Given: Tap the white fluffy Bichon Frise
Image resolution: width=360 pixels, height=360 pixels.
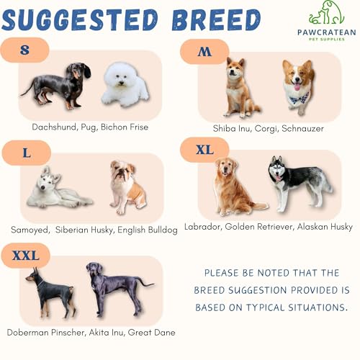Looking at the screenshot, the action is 125,84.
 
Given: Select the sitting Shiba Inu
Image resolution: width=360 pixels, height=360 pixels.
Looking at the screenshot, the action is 240,89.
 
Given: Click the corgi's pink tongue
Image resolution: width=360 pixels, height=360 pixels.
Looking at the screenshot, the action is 297,86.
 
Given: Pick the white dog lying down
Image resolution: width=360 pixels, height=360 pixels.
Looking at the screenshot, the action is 59,189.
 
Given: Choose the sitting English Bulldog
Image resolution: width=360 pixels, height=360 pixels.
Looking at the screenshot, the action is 127,187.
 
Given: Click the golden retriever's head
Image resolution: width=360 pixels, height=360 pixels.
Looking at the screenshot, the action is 226,168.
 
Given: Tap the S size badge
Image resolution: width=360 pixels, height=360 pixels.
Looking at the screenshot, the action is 24,50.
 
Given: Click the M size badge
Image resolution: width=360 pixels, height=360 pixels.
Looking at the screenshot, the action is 204,51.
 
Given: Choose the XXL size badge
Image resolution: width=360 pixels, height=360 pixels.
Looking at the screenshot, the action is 25,256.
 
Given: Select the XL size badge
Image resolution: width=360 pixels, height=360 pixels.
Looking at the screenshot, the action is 204,150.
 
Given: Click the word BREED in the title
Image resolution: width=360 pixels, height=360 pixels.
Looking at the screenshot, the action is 217,19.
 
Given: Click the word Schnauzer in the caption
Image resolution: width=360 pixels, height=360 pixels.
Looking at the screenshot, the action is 302,129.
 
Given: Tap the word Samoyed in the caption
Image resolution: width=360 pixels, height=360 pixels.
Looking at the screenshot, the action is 30,230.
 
